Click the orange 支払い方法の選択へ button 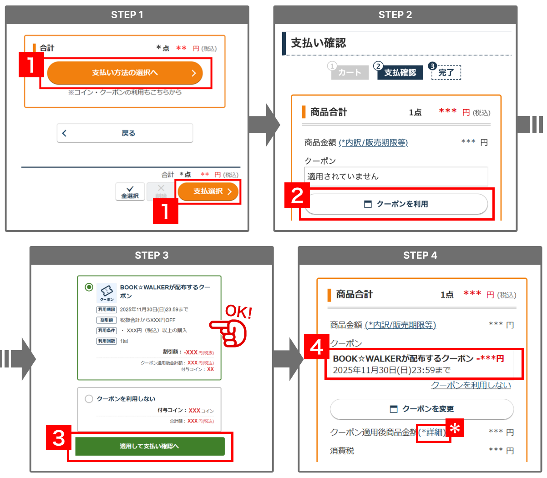[125, 73]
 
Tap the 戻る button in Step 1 [125, 133]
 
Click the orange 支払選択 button [208, 191]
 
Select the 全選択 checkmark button [130, 191]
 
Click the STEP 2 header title [395, 15]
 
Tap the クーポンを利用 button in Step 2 [396, 204]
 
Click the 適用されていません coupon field [396, 176]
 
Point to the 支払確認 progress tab [400, 73]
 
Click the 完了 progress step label [446, 73]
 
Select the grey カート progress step [349, 73]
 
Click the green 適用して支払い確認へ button [150, 446]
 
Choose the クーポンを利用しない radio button [89, 399]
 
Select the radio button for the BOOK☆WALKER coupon [89, 287]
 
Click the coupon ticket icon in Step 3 [107, 292]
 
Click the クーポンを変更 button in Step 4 [422, 409]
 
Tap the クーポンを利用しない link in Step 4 [471, 385]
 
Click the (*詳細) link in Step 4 [432, 432]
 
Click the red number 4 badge [316, 347]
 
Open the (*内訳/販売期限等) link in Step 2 [373, 143]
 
